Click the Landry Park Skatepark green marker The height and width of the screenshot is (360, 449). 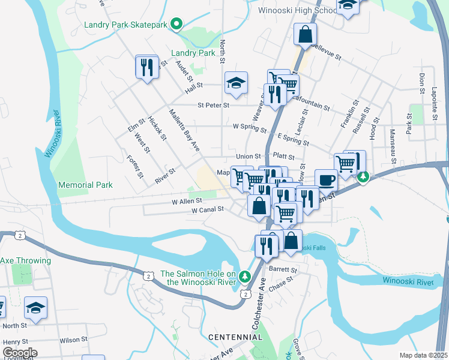pyautogui.click(x=176, y=24)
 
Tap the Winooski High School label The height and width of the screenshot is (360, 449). pyautogui.click(x=297, y=10)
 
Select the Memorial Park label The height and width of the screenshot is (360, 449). pyautogui.click(x=85, y=185)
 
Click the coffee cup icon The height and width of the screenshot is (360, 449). pyautogui.click(x=326, y=179)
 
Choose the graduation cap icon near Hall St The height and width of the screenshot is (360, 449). pyautogui.click(x=236, y=83)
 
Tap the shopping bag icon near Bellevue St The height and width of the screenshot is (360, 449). pyautogui.click(x=305, y=35)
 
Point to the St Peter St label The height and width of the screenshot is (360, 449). pyautogui.click(x=214, y=105)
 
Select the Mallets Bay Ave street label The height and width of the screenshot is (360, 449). pyautogui.click(x=184, y=130)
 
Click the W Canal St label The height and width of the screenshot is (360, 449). pyautogui.click(x=207, y=210)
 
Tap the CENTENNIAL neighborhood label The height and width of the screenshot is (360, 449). pyautogui.click(x=235, y=337)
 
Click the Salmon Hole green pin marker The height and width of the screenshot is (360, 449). pyautogui.click(x=244, y=277)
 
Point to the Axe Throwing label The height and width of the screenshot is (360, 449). pyautogui.click(x=23, y=260)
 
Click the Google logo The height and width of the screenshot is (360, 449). pyautogui.click(x=20, y=353)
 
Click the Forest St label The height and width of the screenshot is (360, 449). pyautogui.click(x=135, y=167)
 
